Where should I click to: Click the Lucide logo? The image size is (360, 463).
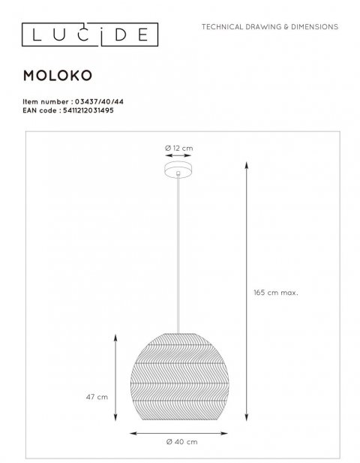click(x=88, y=32)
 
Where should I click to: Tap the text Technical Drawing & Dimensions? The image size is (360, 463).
click(x=270, y=27)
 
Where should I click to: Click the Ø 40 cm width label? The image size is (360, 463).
click(x=179, y=443)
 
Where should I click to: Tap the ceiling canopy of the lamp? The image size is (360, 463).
click(x=178, y=173)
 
